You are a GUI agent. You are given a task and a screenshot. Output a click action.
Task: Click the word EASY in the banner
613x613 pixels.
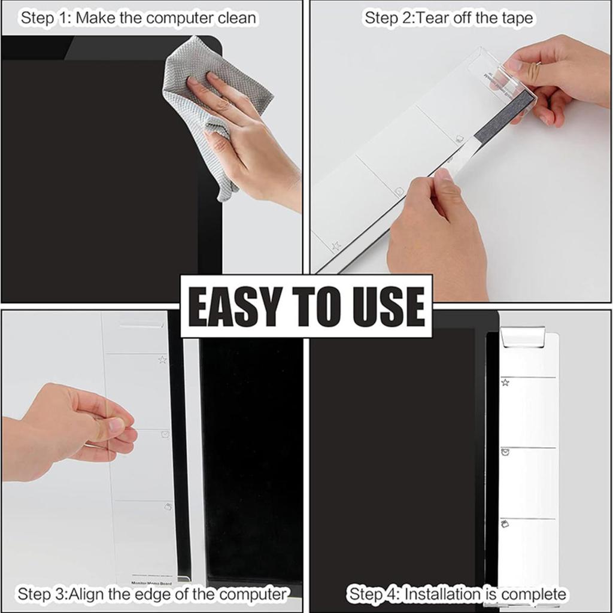click(x=230, y=306)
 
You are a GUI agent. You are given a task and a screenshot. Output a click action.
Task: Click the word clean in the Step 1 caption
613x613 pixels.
click(x=236, y=18)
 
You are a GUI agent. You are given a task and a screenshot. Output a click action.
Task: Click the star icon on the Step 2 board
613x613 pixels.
click(x=336, y=245)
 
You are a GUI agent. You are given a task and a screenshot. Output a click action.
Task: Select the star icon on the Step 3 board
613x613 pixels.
click(x=162, y=360)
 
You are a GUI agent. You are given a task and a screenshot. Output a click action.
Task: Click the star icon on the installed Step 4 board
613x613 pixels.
click(x=505, y=382)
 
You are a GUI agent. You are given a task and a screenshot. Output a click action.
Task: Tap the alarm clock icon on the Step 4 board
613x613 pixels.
click(x=505, y=453)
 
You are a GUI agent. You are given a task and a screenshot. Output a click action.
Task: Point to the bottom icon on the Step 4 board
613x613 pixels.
click(x=505, y=524)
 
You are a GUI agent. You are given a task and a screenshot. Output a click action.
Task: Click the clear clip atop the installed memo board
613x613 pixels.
click(x=522, y=336)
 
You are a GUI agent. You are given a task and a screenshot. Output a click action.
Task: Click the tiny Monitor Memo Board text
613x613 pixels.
click(x=151, y=583)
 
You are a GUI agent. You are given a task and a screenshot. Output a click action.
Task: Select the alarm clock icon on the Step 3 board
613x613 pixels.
click(x=165, y=434)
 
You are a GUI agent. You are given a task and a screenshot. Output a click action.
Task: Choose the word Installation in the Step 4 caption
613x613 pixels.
click(x=442, y=594)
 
